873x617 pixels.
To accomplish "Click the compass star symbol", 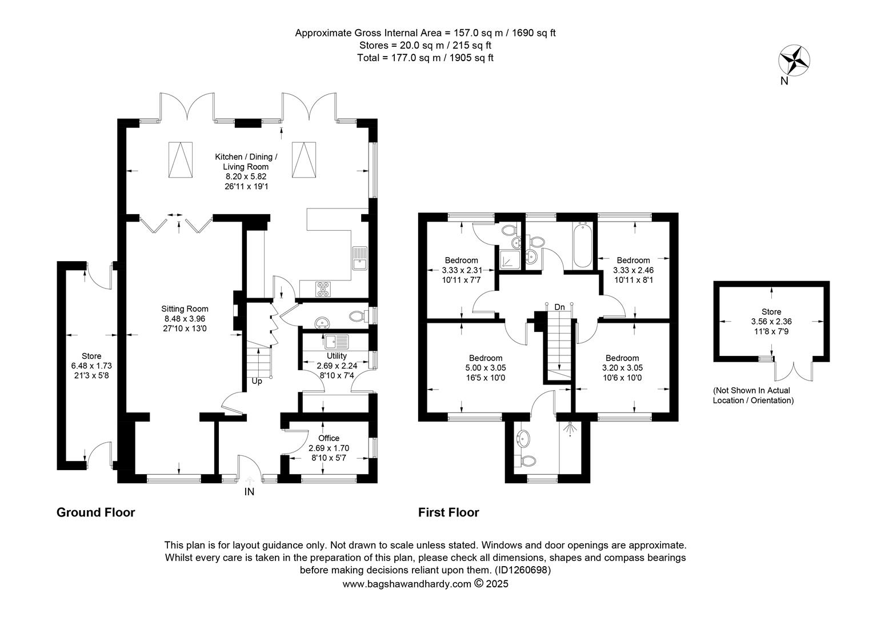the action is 794,61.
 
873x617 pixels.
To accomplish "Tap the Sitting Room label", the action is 185,308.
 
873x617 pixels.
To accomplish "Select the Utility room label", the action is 337,356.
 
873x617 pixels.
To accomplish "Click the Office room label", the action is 329,438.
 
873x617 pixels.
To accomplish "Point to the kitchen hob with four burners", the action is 323,289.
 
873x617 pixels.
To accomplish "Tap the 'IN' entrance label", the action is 249,492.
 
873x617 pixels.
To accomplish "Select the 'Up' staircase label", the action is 257,381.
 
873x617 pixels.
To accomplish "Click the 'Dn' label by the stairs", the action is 560,307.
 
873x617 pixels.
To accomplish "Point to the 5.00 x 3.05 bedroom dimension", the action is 486,367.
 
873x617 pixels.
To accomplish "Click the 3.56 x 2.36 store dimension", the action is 771,322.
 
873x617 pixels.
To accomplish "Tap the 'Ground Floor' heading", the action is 96,512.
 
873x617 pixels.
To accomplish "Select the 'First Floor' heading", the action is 448,512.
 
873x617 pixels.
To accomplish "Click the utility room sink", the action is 337,342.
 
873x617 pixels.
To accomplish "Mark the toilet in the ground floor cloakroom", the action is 358,316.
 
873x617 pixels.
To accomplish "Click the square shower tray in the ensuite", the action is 510,259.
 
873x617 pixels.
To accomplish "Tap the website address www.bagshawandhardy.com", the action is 407,584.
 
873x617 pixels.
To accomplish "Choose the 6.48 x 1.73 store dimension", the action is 91,366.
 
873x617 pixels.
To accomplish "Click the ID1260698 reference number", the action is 523,570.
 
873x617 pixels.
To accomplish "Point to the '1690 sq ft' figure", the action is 534,33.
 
